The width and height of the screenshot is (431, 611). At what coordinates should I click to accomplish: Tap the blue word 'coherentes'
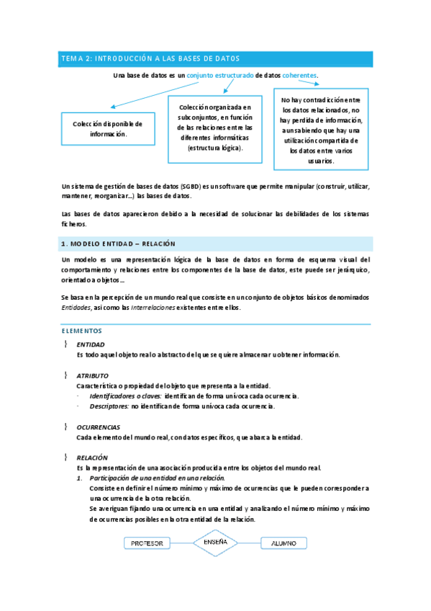point(299,75)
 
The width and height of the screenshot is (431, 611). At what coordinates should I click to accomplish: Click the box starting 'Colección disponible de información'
point(108,129)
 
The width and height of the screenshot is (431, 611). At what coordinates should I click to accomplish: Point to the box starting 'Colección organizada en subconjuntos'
point(215,128)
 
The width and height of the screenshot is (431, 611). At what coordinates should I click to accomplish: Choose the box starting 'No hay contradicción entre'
point(322,130)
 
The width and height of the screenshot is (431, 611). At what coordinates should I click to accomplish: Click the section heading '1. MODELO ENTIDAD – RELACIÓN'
point(119,244)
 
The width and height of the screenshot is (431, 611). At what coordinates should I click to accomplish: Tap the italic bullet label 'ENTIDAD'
point(91,345)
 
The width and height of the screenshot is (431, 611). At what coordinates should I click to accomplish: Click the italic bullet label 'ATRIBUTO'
point(93,375)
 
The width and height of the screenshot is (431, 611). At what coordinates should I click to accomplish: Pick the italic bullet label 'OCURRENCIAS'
point(99,427)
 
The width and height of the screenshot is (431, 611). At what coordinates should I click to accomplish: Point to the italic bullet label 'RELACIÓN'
point(92,458)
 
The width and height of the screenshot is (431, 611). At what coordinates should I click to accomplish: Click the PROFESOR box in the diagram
point(147,543)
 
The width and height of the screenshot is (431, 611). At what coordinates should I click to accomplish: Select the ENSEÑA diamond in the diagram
point(215,542)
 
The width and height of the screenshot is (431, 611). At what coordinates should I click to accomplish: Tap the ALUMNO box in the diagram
point(283,543)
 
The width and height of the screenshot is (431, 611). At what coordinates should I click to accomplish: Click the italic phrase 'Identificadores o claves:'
point(124,396)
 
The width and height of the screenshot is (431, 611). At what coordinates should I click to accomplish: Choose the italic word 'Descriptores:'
point(109,406)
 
